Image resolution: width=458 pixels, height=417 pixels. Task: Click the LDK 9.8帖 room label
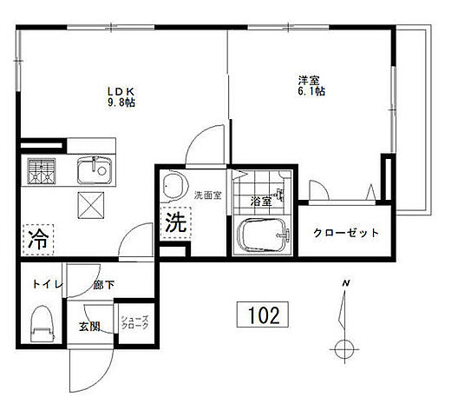[x=120, y=96]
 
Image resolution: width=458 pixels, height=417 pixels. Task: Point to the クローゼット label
[x=346, y=233]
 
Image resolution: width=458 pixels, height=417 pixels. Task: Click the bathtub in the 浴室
[x=263, y=236]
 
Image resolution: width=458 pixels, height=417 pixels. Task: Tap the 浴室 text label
[x=261, y=200]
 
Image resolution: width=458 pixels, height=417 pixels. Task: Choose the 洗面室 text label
[x=208, y=195]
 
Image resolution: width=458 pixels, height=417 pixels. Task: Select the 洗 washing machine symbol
[x=176, y=222]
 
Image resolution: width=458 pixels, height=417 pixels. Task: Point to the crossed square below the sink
[x=90, y=205]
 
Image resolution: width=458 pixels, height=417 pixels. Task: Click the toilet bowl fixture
[x=40, y=324]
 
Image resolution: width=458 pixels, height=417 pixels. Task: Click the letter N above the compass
[x=345, y=285]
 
